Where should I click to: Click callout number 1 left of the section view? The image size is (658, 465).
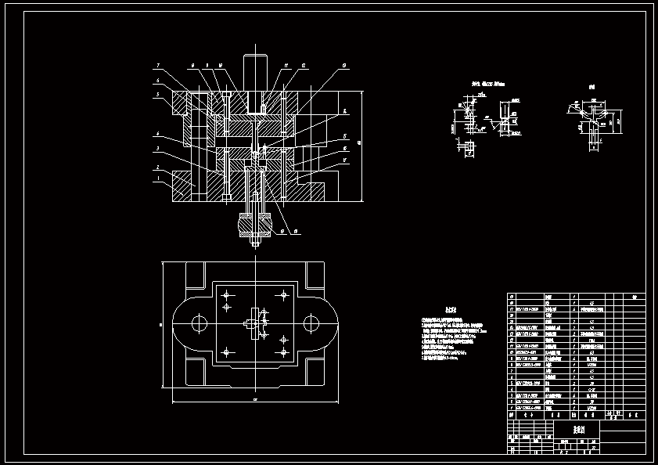(x=157, y=179)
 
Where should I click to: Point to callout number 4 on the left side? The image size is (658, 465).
(x=157, y=134)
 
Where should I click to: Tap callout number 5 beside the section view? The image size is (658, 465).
(x=157, y=94)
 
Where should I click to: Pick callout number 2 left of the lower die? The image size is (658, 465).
(x=157, y=168)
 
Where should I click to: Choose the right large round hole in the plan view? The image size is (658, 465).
(x=311, y=323)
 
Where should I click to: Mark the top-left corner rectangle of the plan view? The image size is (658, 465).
(x=195, y=276)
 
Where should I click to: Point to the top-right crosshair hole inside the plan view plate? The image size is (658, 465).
(x=282, y=295)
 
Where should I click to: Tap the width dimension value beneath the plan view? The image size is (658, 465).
(x=255, y=400)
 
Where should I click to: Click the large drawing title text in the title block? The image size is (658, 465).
(x=579, y=430)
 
